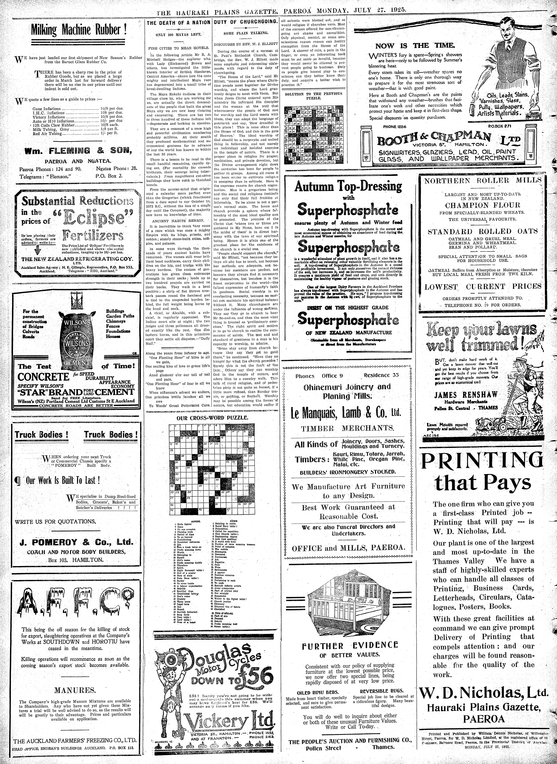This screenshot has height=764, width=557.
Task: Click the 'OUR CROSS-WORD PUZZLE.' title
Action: click(x=212, y=417)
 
